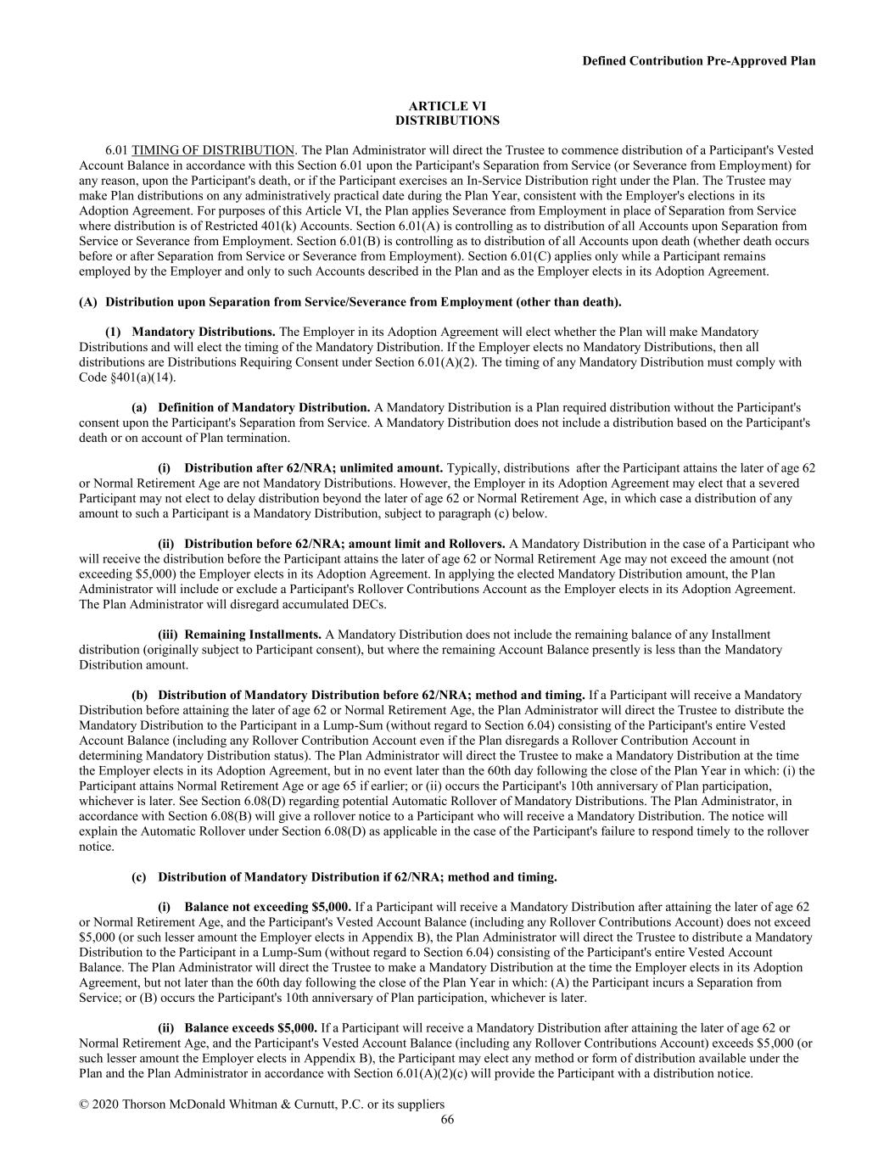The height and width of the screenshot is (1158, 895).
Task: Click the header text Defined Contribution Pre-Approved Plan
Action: [x=699, y=60]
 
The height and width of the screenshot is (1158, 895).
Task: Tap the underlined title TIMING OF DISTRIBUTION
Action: [x=213, y=150]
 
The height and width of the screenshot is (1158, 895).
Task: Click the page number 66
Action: [x=447, y=1119]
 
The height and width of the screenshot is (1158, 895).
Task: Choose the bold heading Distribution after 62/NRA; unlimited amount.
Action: [x=313, y=467]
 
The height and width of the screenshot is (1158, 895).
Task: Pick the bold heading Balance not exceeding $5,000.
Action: [x=267, y=906]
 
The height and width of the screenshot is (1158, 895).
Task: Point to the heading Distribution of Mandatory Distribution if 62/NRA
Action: [x=357, y=876]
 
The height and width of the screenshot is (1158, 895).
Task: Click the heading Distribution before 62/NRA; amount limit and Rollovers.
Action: [x=344, y=543]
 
